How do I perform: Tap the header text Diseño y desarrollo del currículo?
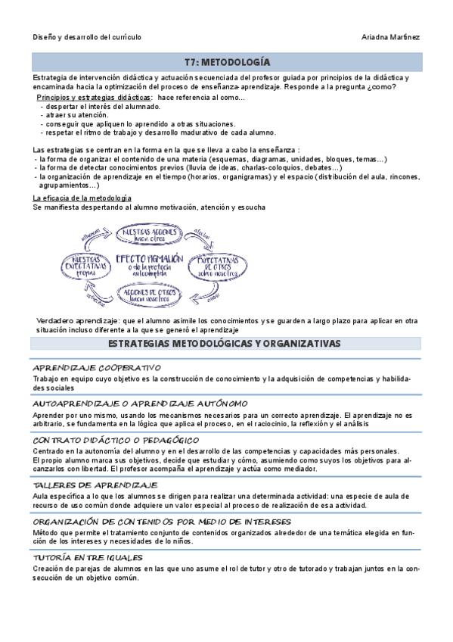tap(87, 36)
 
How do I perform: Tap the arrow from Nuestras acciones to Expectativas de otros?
tap(200, 235)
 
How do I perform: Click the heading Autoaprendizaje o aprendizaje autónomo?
tap(140, 404)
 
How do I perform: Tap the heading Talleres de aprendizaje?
tap(95, 485)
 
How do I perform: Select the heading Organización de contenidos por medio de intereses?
tap(162, 522)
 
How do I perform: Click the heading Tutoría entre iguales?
tap(88, 558)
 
